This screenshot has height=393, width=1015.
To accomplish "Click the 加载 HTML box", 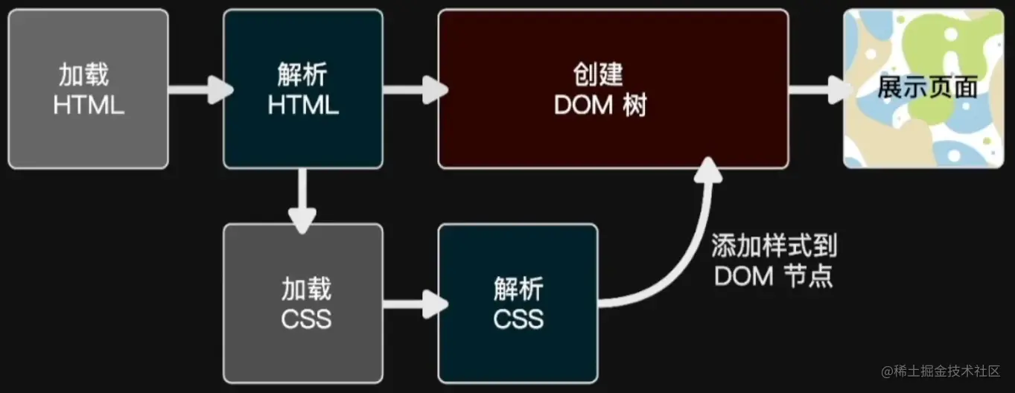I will (88, 89).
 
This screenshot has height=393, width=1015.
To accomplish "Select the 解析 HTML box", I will (303, 89).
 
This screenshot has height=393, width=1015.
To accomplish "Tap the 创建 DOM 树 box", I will (612, 89).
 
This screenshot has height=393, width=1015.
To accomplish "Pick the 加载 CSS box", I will (303, 303).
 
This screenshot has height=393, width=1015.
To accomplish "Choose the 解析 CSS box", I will (518, 303).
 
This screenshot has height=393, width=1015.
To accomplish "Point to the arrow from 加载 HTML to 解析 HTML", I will (197, 89).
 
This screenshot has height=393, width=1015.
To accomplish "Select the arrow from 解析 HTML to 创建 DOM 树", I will (413, 89).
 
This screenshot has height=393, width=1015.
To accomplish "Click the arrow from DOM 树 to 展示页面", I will (818, 89).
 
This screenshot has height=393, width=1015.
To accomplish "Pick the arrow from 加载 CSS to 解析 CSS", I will (413, 303).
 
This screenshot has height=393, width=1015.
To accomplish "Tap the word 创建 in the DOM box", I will (598, 75).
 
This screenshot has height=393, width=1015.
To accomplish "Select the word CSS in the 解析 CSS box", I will (518, 319).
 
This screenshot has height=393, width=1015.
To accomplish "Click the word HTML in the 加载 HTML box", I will (89, 105).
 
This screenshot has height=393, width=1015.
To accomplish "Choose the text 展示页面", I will (926, 88).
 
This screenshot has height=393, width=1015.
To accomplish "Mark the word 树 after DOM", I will (635, 106).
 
